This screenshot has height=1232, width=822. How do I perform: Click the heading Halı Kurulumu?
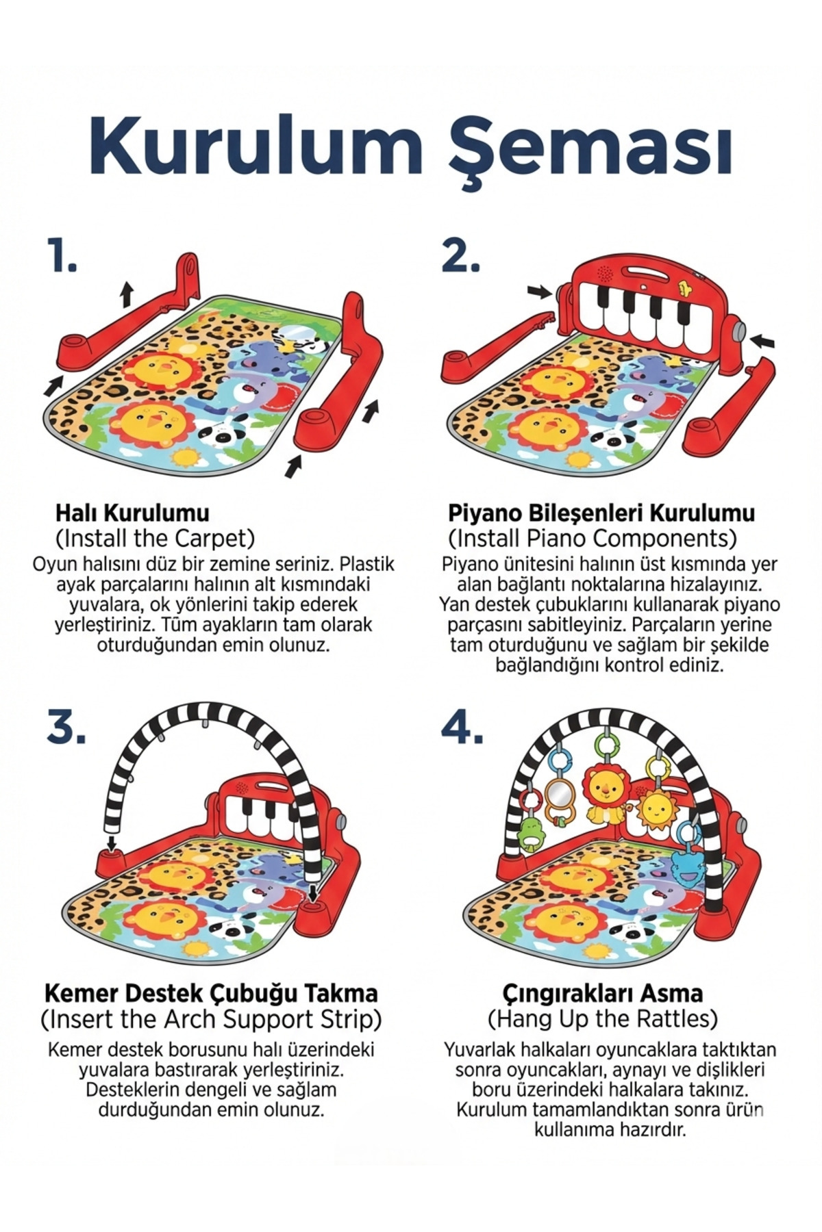tap(132, 513)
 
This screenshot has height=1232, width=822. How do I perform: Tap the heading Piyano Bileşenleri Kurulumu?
tap(601, 513)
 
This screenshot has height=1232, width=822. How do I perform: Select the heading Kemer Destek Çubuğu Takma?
tap(211, 993)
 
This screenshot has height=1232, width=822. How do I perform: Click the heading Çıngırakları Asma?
tap(603, 993)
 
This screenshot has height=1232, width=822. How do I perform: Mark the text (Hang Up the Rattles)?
tap(603, 1019)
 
